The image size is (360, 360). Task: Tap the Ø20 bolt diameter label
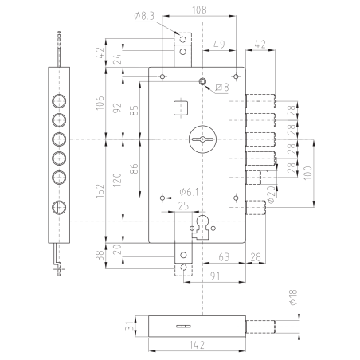click(x=272, y=193)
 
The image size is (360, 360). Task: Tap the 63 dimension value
click(x=225, y=256)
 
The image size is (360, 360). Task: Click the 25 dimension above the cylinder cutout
click(x=184, y=206)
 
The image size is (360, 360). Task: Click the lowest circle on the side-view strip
click(x=58, y=208)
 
